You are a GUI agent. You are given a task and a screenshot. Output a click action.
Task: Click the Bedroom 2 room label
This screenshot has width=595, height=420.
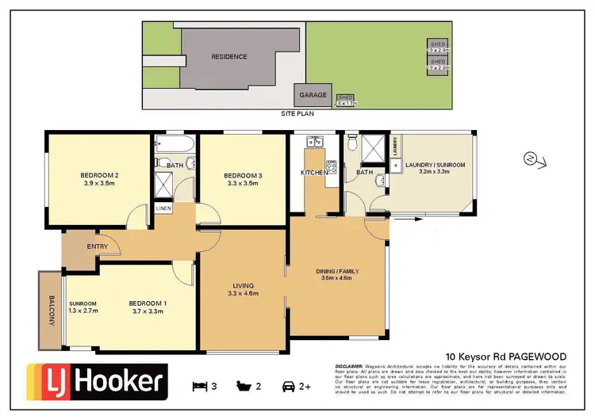[x=99, y=174]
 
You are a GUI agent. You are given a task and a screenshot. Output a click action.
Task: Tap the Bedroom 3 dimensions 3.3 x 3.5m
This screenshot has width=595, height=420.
[x=242, y=183]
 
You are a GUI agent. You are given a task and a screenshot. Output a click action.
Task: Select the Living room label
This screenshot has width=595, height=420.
[x=243, y=286]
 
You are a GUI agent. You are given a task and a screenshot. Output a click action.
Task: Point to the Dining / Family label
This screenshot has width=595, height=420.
[x=338, y=271]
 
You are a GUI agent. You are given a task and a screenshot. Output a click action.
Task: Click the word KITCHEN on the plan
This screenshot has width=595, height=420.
[x=314, y=172]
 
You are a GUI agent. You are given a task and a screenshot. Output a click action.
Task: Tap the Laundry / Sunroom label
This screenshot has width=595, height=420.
[x=435, y=165]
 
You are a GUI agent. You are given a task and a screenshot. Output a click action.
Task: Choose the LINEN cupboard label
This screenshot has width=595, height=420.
[x=163, y=208]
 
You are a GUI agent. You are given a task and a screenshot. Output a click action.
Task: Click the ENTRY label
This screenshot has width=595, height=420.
[x=97, y=246]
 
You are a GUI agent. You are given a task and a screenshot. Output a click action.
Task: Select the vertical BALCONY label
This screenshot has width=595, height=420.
[x=50, y=309]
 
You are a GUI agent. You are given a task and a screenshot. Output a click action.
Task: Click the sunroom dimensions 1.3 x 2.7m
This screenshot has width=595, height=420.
[x=83, y=312]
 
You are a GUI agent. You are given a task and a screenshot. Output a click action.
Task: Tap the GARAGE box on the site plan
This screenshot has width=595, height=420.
[x=313, y=95]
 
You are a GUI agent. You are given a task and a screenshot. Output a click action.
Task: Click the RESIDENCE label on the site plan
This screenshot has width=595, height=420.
[x=228, y=56]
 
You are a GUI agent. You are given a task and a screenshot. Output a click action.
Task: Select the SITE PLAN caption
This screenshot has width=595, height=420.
[x=297, y=114]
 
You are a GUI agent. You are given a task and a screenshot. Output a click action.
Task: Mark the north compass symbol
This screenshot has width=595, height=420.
[x=532, y=158]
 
